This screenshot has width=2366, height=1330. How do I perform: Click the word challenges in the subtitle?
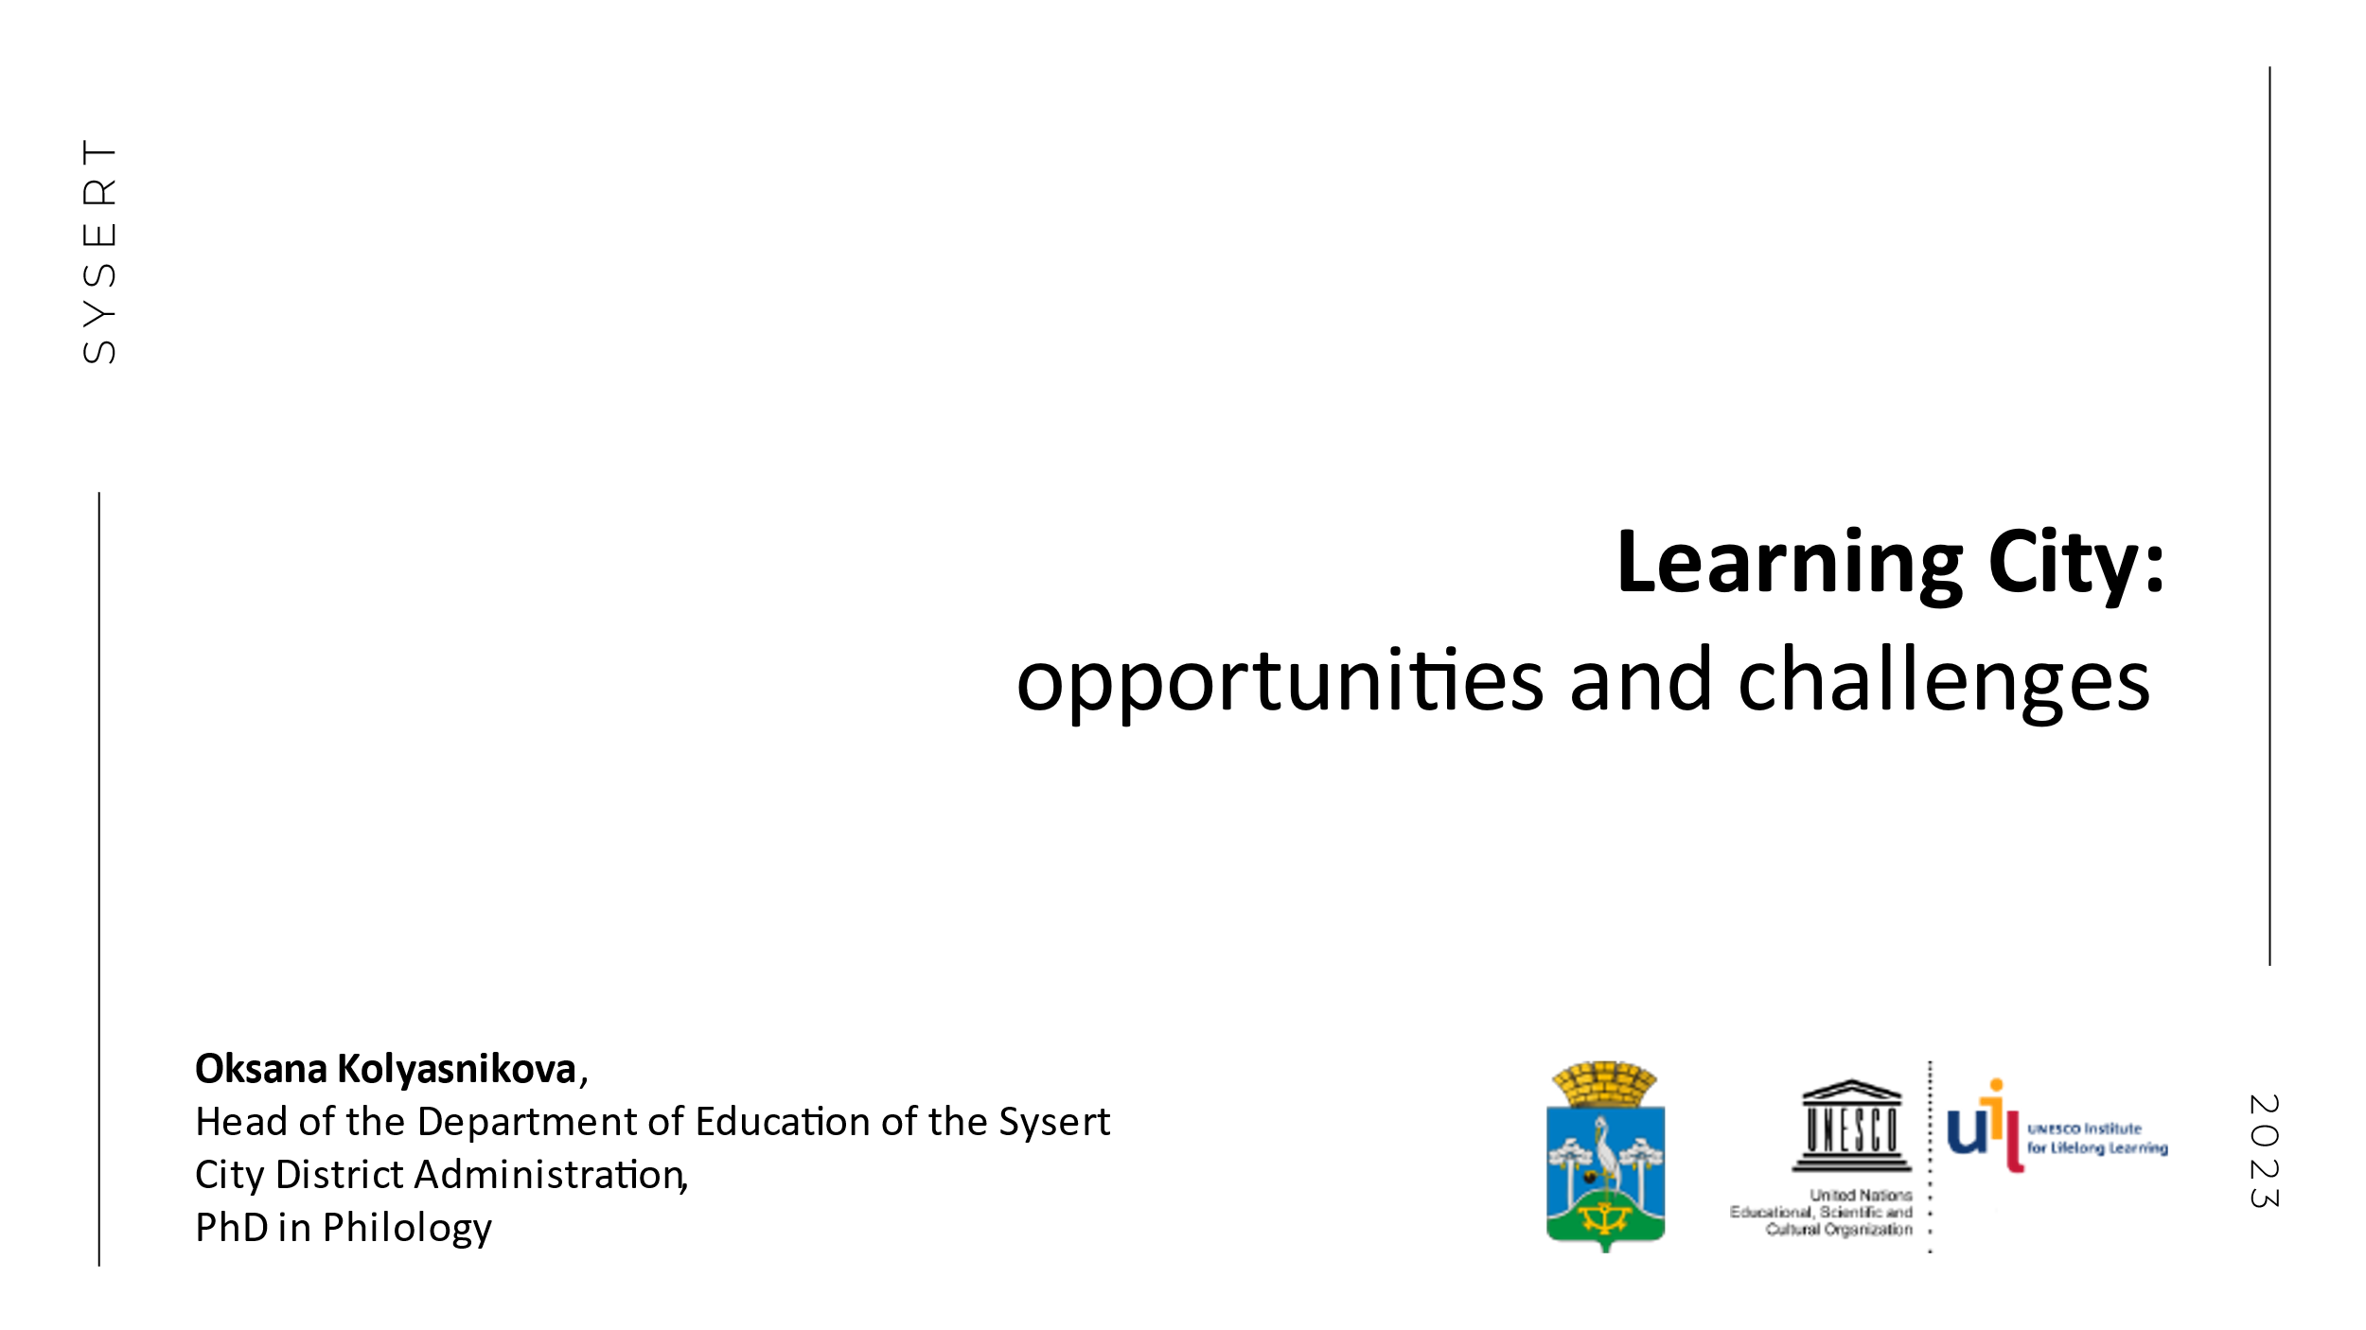1944,682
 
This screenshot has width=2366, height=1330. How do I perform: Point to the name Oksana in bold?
261,1069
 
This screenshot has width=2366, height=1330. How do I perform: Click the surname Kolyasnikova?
457,1069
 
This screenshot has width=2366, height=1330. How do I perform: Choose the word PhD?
232,1228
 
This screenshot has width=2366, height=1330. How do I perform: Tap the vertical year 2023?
2265,1151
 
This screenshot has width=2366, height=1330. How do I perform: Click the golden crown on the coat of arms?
1605,1084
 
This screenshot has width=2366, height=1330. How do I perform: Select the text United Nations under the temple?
1861,1196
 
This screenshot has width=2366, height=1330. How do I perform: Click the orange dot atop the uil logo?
1997,1085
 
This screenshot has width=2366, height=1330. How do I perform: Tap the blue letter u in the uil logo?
1967,1132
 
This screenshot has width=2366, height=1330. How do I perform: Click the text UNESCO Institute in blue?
2084,1129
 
